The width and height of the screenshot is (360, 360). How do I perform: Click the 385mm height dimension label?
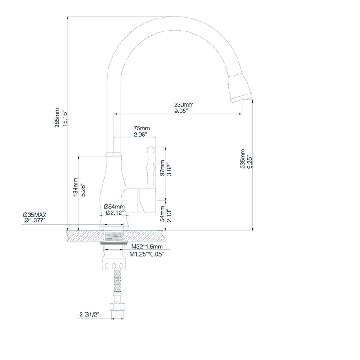coord(57,118)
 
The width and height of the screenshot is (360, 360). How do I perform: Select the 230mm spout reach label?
coord(184,105)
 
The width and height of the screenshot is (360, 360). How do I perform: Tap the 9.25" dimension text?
coord(250,159)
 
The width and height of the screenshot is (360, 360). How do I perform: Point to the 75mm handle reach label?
coord(142,128)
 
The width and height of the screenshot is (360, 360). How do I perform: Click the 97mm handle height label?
coord(162,168)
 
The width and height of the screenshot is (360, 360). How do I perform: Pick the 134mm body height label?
coord(76,187)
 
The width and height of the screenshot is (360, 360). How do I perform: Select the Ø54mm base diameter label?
coord(114,207)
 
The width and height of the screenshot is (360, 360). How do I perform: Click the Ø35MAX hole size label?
coord(35,215)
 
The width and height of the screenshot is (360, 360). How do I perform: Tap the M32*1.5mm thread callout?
coord(147,247)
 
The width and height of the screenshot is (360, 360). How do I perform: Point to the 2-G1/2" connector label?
coord(89,315)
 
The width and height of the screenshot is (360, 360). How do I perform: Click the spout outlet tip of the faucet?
coord(241,98)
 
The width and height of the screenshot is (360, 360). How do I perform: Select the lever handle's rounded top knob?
coord(151,151)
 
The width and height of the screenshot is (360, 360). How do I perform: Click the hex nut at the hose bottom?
coord(117,307)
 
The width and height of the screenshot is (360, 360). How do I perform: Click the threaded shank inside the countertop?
coord(114,236)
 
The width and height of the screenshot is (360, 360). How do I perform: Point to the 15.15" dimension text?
coord(65,118)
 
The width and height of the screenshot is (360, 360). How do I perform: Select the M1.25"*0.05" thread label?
coord(147,254)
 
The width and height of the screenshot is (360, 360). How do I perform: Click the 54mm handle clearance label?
coord(162,213)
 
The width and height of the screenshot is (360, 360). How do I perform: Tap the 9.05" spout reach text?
coord(181,111)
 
